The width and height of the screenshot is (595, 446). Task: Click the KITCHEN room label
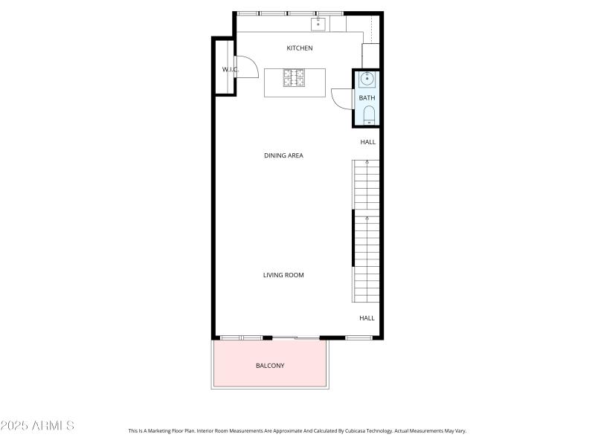tap(300, 48)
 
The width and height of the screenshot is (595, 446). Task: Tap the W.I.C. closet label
tap(229, 70)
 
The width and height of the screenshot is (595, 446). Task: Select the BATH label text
tap(367, 98)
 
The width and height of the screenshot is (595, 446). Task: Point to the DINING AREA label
tap(283, 155)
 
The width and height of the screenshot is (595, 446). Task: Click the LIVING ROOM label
tap(283, 275)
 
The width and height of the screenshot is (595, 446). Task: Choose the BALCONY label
tap(270, 366)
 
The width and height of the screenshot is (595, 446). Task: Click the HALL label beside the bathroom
tap(368, 141)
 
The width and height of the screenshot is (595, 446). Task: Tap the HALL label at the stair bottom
tap(367, 318)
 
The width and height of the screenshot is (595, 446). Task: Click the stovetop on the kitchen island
tap(294, 77)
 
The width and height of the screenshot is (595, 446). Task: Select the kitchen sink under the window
tap(318, 25)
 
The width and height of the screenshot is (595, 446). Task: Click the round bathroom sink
tap(367, 79)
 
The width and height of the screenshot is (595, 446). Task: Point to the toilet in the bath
tap(368, 114)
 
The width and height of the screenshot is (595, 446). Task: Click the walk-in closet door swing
tap(246, 68)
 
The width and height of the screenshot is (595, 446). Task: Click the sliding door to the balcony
tap(295, 338)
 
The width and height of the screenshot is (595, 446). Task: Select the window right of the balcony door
tap(358, 338)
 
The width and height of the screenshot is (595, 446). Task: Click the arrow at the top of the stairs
tap(367, 162)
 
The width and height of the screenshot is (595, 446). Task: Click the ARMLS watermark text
tap(37, 426)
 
